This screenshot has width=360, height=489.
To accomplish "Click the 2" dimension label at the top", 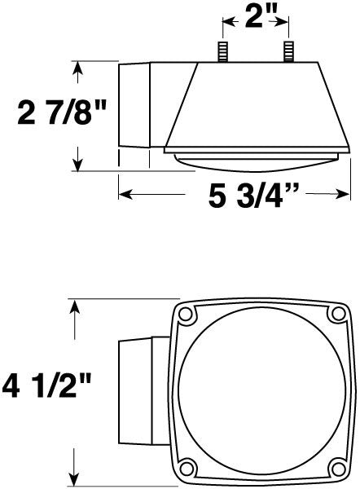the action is pos(257,16).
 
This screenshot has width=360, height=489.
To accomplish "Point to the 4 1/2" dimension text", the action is pos(46,386).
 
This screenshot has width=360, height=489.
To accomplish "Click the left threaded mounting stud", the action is pos(223,51).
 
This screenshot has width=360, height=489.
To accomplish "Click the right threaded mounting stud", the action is pos(288,51).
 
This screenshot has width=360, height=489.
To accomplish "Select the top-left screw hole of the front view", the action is pos(186,314).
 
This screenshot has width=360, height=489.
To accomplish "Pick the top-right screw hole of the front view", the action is pos(338,314).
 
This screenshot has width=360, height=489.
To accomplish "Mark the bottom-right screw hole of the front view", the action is pos(338,469).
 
